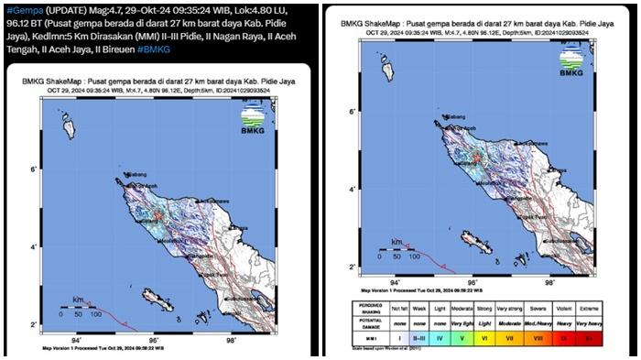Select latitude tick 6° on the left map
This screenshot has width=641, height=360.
tap(33, 170)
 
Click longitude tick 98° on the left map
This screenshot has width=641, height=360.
tap(231, 340)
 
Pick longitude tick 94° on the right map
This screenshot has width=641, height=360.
tap(396, 284)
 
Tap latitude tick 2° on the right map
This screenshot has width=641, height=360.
tap(352, 266)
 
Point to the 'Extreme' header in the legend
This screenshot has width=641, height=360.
tap(619, 306)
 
